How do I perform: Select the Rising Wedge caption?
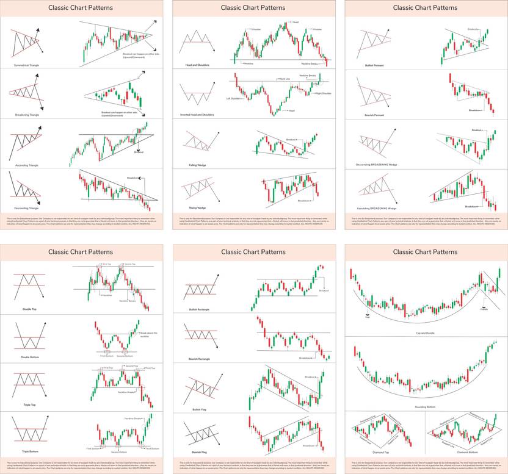click(x=197, y=207)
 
